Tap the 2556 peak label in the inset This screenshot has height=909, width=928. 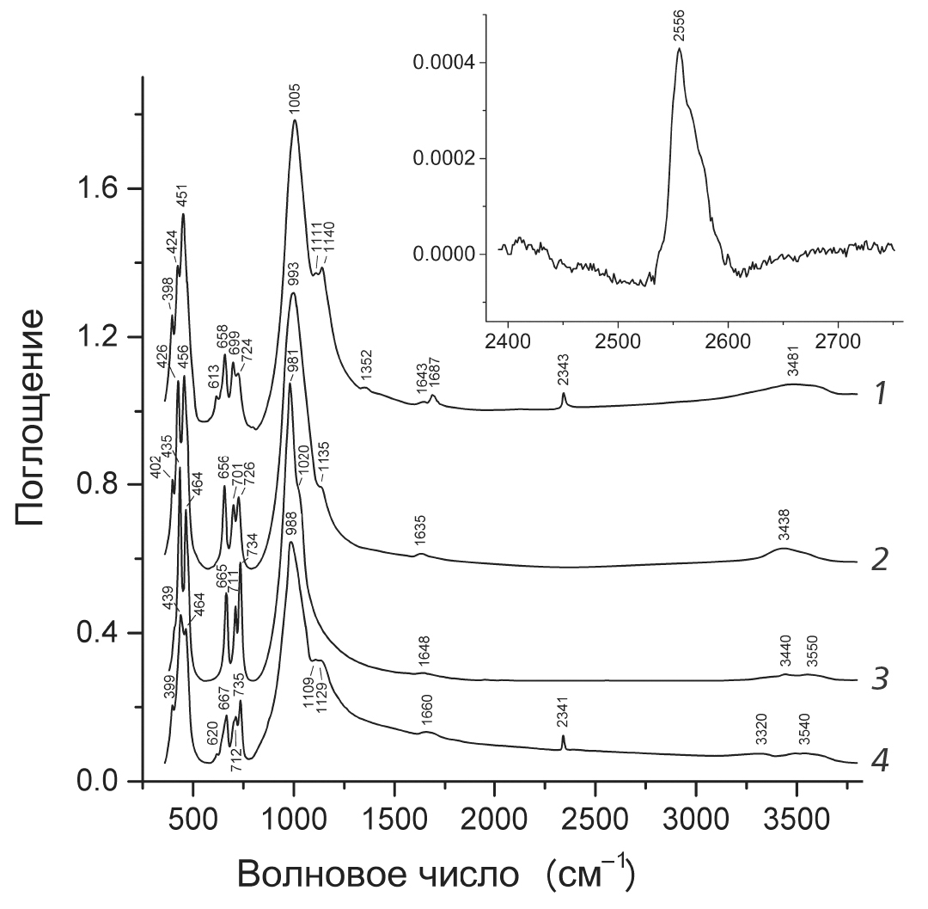click(x=680, y=28)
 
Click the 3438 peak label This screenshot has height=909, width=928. click(x=783, y=531)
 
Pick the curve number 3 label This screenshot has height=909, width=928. click(x=880, y=679)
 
